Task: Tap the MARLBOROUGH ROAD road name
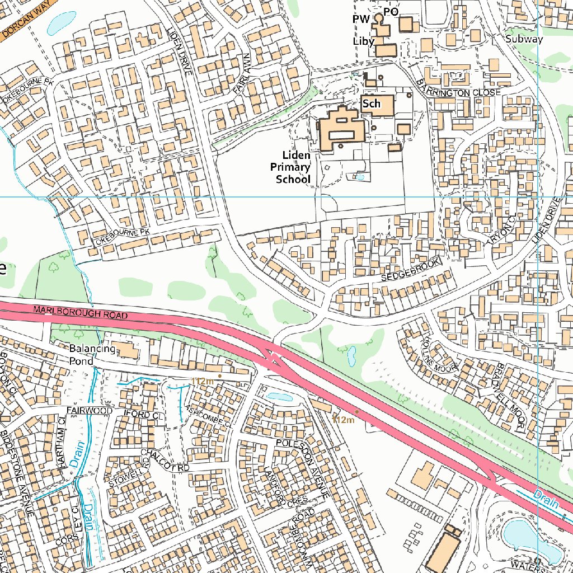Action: click(80, 312)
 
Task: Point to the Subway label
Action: click(523, 39)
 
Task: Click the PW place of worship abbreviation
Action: click(361, 20)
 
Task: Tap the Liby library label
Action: click(363, 41)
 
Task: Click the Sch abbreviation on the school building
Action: click(371, 104)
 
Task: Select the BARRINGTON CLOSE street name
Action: click(458, 88)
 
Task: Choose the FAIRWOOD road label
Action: click(89, 411)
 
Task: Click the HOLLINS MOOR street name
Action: click(440, 354)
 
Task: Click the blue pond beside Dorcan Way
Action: click(60, 22)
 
